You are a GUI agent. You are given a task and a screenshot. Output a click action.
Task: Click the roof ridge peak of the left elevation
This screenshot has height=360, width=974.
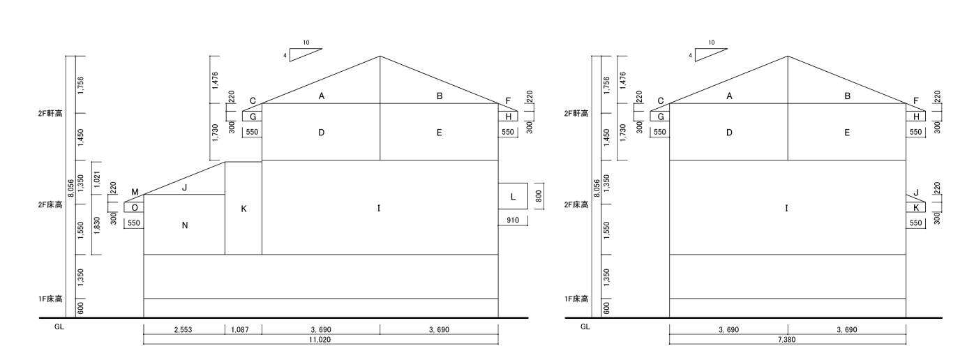[380, 56]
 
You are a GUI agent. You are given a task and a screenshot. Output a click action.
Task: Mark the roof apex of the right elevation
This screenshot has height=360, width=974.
[788, 56]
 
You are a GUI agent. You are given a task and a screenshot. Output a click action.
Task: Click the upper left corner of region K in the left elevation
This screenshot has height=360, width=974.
[225, 162]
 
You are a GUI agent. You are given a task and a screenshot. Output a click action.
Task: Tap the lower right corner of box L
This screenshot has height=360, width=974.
[528, 209]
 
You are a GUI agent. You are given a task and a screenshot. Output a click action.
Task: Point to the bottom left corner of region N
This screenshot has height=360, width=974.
[144, 255]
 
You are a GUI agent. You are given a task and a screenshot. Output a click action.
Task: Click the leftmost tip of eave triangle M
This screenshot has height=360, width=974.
[124, 202]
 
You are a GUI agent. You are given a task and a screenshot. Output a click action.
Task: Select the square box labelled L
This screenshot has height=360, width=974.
[513, 196]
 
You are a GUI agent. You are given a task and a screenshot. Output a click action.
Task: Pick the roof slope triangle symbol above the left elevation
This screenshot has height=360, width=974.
[306, 55]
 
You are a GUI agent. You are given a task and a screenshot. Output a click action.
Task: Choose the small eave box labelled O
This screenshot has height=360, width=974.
[134, 207]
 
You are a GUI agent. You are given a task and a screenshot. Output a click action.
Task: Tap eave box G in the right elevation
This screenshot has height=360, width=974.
[659, 116]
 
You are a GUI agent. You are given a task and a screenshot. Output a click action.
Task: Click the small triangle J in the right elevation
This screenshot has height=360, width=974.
[915, 198]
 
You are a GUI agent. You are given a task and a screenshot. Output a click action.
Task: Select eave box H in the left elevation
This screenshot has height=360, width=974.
[508, 116]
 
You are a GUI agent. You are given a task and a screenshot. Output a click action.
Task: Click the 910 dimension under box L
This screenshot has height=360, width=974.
[513, 220]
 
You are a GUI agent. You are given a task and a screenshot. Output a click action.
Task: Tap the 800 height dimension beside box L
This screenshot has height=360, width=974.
[539, 196]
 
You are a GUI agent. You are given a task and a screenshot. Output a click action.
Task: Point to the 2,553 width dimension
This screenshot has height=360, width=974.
[183, 329]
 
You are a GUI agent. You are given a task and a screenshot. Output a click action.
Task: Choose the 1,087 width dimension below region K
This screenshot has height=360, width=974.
[240, 329]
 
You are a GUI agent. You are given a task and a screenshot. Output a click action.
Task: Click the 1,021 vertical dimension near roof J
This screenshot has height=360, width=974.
[97, 179]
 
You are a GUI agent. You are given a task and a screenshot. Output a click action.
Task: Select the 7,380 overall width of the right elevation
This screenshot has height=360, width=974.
[786, 340]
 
